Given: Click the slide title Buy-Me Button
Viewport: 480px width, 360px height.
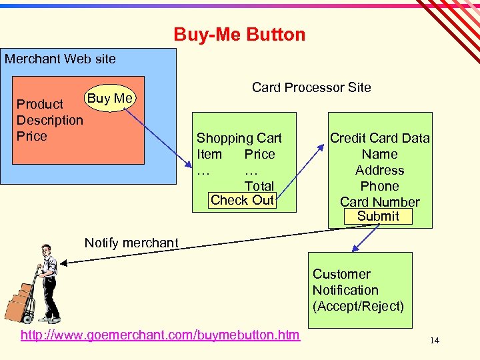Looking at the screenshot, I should point(239,34).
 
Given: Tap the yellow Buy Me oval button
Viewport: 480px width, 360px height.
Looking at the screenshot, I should point(110,99).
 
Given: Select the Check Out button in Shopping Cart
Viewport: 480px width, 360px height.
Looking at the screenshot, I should point(242,200).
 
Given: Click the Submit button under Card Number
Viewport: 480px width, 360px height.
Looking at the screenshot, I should point(378,216).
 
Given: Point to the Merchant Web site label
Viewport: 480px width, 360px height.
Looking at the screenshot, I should point(60,59).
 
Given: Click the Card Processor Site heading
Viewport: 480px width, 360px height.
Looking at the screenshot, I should point(311,87).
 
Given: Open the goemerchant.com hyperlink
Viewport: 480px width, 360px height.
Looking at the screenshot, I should point(160,335).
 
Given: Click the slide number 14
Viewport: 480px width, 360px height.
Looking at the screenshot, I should point(435,341).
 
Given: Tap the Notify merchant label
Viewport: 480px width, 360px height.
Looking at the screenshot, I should point(131,243).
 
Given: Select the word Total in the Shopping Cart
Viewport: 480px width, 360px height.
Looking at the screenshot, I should point(259,186).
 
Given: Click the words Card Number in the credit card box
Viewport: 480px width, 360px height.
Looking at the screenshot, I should point(380,202).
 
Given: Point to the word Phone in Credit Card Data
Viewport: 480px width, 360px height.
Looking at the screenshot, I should point(379,186).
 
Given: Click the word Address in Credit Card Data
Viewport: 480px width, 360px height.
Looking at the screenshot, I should point(379,170).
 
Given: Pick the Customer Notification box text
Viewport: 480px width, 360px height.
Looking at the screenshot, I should point(345,282).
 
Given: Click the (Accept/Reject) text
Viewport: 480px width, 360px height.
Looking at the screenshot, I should point(358,306).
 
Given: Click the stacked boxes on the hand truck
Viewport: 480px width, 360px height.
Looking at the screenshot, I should point(19,301).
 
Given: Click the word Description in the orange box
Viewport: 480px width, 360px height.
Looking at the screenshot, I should point(50,120).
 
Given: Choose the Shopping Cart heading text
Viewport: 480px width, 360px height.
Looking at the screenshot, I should point(239,138).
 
